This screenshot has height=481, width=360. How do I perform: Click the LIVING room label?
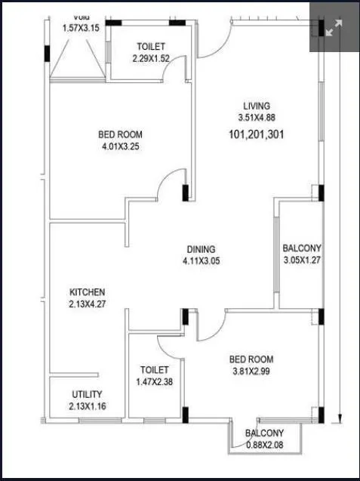[256, 106]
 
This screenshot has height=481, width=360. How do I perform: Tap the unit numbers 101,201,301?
[256, 135]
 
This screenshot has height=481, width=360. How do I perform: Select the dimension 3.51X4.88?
[256, 118]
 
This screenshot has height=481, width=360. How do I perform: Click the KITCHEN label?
[88, 292]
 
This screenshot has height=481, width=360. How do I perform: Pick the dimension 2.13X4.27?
[88, 304]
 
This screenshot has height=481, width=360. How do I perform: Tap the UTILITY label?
[87, 395]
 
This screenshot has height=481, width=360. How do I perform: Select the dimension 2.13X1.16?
[87, 407]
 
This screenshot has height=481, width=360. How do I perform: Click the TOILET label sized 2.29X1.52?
[152, 46]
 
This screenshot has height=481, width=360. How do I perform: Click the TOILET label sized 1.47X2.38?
[155, 370]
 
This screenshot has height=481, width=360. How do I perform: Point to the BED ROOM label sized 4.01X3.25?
[120, 135]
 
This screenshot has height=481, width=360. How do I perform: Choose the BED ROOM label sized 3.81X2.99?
[251, 359]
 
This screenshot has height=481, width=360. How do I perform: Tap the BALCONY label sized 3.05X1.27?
[301, 248]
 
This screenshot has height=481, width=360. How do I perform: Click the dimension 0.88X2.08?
[264, 445]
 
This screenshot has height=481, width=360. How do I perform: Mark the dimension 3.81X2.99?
[251, 372]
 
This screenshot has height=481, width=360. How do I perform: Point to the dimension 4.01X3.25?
[120, 147]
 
